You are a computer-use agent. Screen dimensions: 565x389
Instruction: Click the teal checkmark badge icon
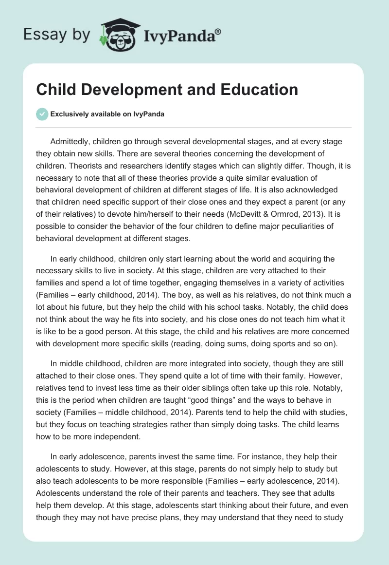[42, 114]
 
